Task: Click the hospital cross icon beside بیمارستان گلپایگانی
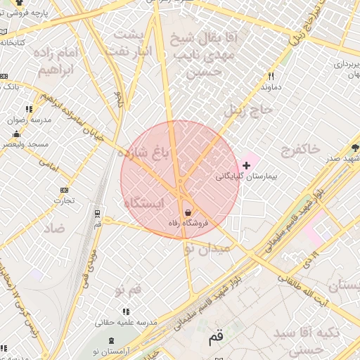coord(245,165)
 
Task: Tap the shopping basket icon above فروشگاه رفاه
coord(188,212)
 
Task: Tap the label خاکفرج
coord(300,148)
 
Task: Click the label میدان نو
coord(207,248)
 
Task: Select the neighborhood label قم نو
coord(129,289)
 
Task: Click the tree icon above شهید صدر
coord(355,148)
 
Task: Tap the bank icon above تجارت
coord(65,190)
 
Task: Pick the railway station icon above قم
coord(97,212)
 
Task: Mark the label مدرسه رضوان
coord(30,120)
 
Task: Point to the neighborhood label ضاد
coord(53,229)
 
